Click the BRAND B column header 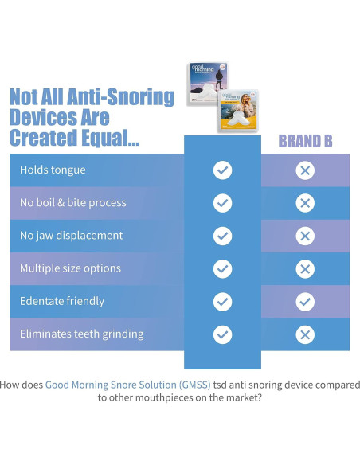pyautogui.click(x=305, y=142)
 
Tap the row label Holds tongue pyautogui.click(x=53, y=170)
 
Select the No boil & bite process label pyautogui.click(x=72, y=202)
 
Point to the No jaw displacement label pyautogui.click(x=71, y=236)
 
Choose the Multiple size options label pyautogui.click(x=70, y=268)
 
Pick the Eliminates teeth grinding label pyautogui.click(x=81, y=334)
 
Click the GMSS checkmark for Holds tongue pyautogui.click(x=223, y=170)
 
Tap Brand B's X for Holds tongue pyautogui.click(x=305, y=170)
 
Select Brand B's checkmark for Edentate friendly pyautogui.click(x=305, y=302)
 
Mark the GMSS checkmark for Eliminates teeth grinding pyautogui.click(x=223, y=334)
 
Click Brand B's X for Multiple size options pyautogui.click(x=305, y=269)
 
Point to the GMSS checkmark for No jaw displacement pyautogui.click(x=223, y=236)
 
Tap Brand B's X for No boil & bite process pyautogui.click(x=305, y=203)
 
